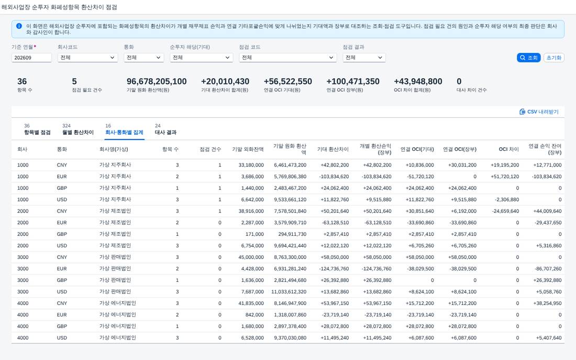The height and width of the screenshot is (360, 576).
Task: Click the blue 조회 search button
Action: [528, 58]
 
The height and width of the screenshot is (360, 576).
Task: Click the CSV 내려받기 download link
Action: [539, 112]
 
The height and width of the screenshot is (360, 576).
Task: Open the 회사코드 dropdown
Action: [87, 58]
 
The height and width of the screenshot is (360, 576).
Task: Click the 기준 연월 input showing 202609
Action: [31, 58]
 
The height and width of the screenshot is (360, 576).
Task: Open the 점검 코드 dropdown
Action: [287, 58]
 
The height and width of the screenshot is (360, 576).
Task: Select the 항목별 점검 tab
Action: [37, 132]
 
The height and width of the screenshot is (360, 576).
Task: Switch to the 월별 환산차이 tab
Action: [78, 132]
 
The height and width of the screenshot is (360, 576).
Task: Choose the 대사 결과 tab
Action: [165, 132]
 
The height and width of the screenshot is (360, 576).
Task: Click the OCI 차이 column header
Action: [509, 149]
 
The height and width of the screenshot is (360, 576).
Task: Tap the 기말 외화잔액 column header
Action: [248, 149]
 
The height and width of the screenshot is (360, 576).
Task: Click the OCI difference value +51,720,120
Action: [505, 177]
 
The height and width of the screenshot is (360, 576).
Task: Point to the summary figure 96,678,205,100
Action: [157, 81]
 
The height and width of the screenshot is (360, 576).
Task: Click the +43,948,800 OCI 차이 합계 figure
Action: [418, 81]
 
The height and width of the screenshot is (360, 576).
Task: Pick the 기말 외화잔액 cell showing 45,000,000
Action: [251, 257]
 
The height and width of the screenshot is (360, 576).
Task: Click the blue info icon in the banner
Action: [19, 26]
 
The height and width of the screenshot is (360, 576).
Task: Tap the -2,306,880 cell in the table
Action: [507, 200]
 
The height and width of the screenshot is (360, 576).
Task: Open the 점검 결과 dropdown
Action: [364, 58]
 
